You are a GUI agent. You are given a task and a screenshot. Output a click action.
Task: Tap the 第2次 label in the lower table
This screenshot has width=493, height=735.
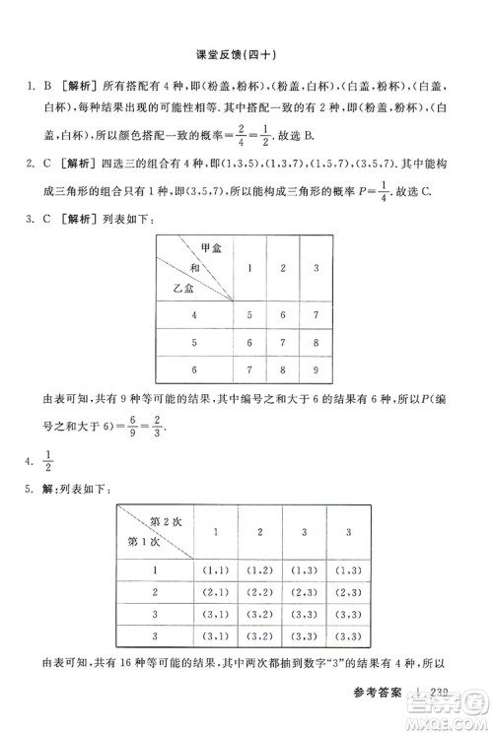tap(166, 520)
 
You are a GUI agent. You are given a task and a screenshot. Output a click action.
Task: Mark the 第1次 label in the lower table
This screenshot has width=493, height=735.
tap(140, 541)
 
